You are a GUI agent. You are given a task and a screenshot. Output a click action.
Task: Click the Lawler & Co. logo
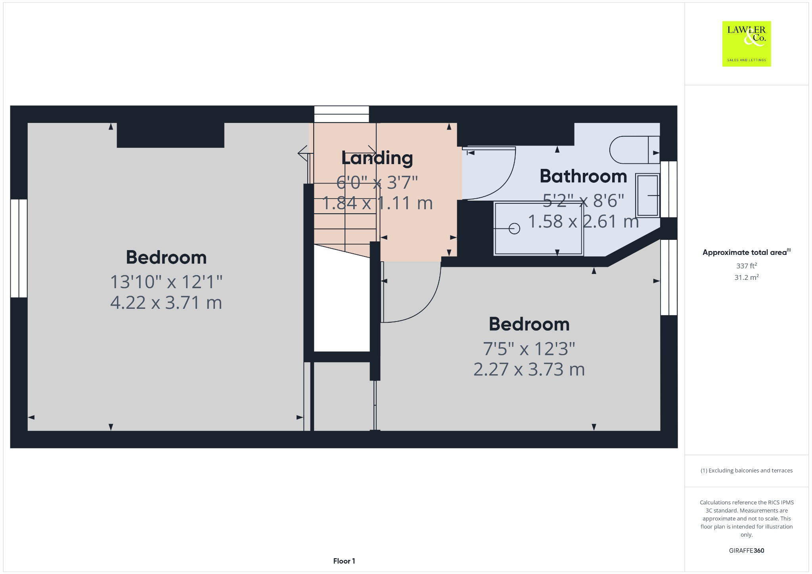pos(746,44)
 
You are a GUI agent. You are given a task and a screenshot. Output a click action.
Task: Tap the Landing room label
pos(377,158)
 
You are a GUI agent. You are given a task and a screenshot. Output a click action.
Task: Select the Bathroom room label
pos(583,176)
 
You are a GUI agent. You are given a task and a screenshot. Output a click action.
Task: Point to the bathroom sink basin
pos(647,195)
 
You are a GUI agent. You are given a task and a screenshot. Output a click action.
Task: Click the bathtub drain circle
pos(514,229)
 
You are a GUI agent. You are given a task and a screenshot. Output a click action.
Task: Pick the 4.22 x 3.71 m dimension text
pos(166,303)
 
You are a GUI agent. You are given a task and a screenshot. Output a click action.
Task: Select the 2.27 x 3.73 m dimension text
pos(529,369)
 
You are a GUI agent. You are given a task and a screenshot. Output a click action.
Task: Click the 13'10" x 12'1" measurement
pos(166,282)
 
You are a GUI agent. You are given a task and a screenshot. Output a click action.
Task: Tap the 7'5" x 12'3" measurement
pos(529,349)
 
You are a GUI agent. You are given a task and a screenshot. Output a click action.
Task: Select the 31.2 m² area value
pos(746,277)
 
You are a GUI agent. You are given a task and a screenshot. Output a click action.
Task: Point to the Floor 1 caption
pos(344,561)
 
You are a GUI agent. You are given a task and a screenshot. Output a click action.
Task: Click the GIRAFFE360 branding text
pos(746,550)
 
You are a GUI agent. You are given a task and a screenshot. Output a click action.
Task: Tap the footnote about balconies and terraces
pos(746,471)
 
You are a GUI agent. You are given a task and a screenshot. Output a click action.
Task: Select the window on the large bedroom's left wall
pos(19,248)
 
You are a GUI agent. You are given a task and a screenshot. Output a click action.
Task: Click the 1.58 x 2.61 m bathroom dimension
pos(583,221)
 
